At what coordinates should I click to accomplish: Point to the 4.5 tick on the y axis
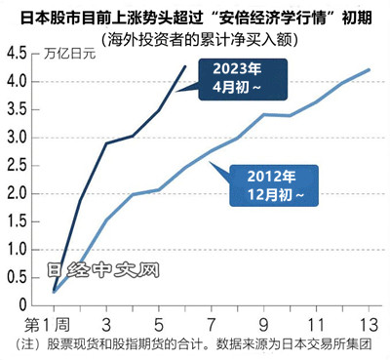[18, 54]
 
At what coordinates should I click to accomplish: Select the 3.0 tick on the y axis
[18, 137]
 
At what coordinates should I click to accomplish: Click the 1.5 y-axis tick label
[18, 220]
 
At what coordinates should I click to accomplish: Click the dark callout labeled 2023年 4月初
[232, 79]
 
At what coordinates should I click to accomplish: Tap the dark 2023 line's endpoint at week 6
[186, 66]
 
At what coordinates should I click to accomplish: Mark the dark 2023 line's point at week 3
[105, 143]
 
